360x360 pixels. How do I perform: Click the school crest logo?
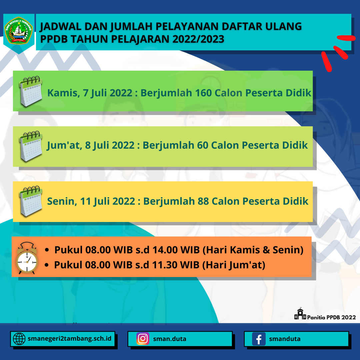coord(19,32)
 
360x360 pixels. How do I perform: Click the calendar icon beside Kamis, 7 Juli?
coord(31,91)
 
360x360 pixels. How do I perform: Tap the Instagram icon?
coord(143,339)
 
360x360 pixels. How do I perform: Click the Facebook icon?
coord(259,339)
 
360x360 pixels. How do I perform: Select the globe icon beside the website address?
coord(19,339)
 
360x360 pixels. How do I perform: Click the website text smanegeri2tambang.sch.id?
coord(69,339)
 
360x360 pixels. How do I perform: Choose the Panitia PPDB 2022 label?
coord(331,317)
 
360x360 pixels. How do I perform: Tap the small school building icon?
coord(300,314)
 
